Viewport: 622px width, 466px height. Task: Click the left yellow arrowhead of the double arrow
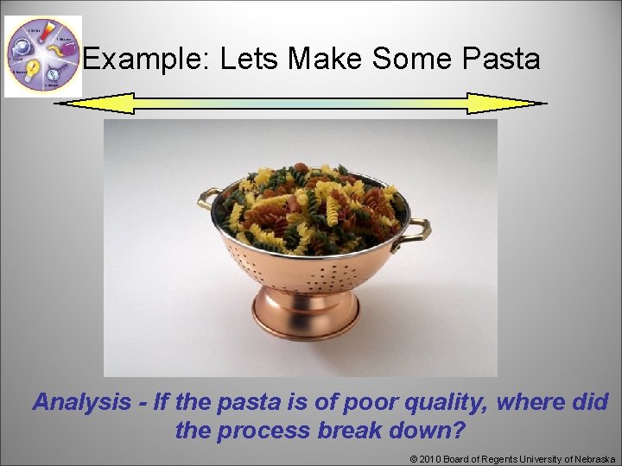pos(95,104)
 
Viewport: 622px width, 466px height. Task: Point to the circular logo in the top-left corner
pos(42,56)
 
